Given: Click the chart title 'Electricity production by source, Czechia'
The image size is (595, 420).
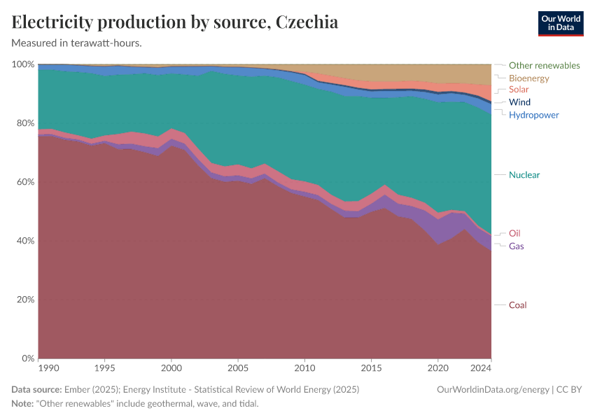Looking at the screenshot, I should click(x=175, y=22).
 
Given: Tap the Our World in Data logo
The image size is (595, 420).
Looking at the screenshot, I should click(x=560, y=23).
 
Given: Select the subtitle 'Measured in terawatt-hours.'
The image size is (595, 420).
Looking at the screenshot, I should click(x=77, y=43).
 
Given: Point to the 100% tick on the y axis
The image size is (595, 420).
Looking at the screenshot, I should click(x=23, y=64).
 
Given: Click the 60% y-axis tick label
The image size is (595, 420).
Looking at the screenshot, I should click(x=23, y=182).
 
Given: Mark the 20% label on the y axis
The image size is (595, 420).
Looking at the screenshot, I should click(x=23, y=300).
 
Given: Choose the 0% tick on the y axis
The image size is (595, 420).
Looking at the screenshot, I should click(x=27, y=358).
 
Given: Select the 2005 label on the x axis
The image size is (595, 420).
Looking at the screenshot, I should click(x=238, y=367).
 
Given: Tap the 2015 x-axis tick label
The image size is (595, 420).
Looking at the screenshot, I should click(x=371, y=367).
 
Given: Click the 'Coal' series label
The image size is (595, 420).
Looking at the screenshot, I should click(x=517, y=305).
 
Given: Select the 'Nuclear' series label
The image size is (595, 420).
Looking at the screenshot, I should click(x=524, y=175).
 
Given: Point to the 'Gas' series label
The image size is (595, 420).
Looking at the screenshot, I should click(x=516, y=246).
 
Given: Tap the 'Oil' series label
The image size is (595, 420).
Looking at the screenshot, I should click(x=514, y=233).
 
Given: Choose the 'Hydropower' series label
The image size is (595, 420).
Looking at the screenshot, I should click(x=533, y=115).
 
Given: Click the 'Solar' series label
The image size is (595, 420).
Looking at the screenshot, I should click(x=519, y=90).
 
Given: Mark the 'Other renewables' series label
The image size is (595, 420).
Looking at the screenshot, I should click(x=544, y=65).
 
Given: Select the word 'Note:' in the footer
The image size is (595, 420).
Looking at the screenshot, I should click(x=24, y=404).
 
